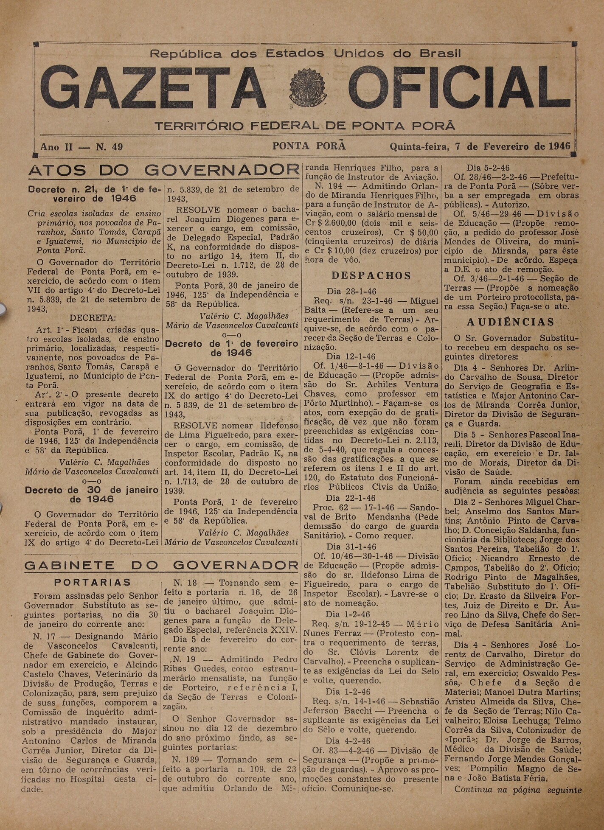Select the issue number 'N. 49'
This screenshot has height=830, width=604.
109,147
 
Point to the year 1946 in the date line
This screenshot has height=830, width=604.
559,146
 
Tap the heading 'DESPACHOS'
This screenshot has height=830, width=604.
371,275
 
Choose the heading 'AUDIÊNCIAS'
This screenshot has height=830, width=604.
511,322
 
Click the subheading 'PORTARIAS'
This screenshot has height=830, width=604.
93,582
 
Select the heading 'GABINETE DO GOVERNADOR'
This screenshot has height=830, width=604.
161,565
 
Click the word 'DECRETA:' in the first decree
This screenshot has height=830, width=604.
93,318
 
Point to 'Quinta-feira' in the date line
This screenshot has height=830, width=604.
419,147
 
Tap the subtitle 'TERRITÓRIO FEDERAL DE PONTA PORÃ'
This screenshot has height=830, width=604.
305,126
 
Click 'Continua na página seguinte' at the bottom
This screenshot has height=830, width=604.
518,790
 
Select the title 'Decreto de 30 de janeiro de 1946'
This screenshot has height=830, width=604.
92,494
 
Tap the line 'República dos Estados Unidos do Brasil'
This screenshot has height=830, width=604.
306,54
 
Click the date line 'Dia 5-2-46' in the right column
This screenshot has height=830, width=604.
488,168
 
